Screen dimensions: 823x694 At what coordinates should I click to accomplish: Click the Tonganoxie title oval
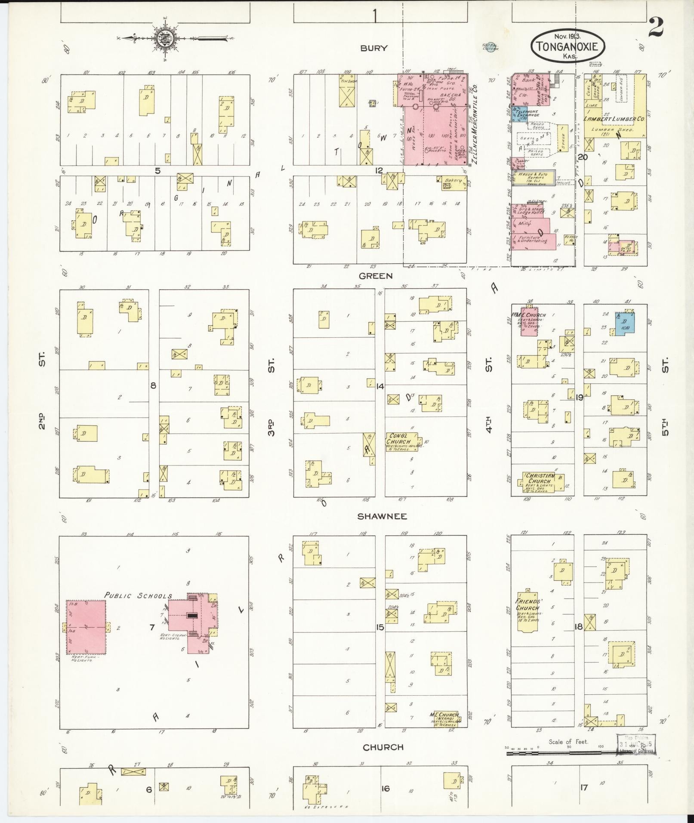(x=568, y=46)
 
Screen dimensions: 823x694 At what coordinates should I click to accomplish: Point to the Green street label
(x=376, y=276)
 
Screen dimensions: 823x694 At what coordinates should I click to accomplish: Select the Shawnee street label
(x=382, y=516)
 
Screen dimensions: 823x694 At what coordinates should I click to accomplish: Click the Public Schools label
(x=138, y=596)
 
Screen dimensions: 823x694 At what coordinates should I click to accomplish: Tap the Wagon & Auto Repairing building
(x=532, y=177)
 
